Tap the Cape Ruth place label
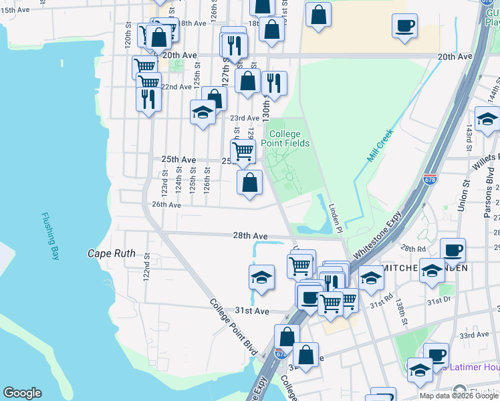click(x=112, y=254)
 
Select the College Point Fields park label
click(x=289, y=138)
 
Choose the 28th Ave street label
click(x=250, y=236)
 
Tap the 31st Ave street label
click(x=252, y=311)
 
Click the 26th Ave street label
click(x=166, y=205)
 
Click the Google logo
click(x=22, y=393)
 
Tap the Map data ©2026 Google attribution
click(x=459, y=396)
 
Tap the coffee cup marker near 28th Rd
click(x=453, y=250)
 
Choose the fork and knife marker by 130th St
click(x=274, y=84)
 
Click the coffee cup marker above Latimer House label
click(x=436, y=355)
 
